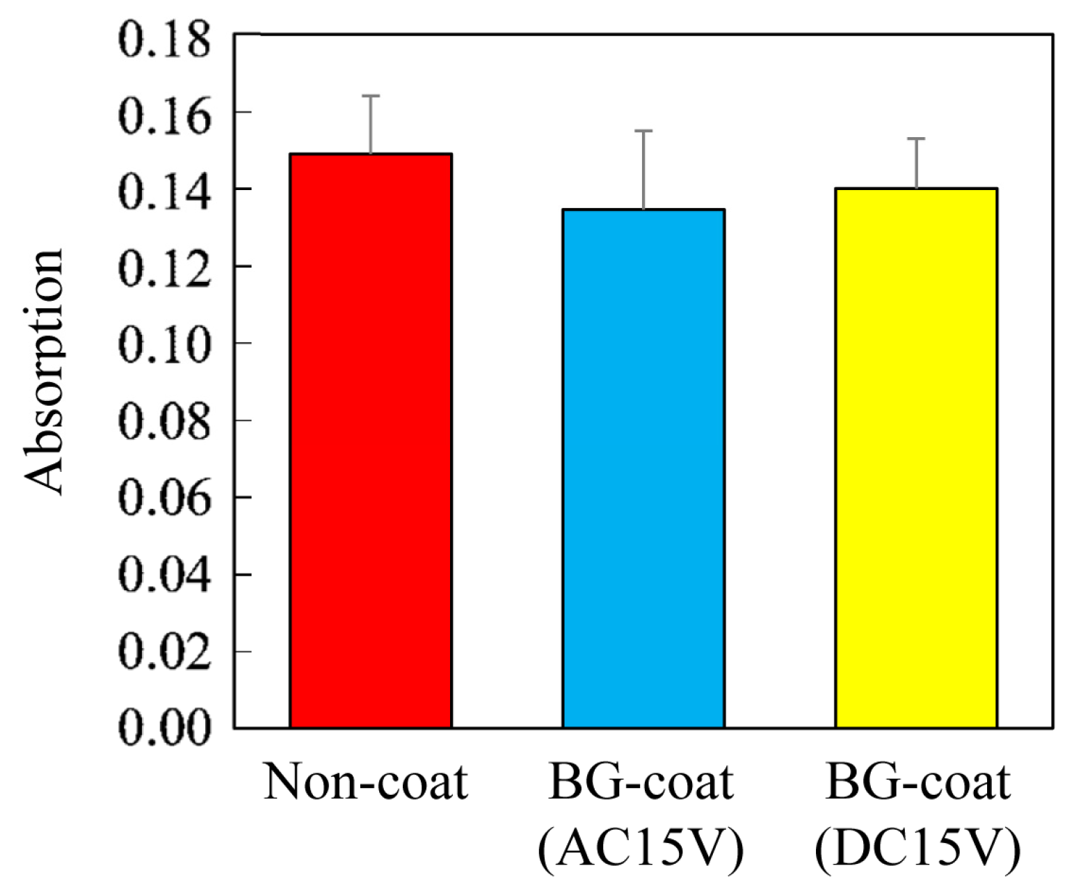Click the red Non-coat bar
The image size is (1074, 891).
371,441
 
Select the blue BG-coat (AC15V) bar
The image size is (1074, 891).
643,468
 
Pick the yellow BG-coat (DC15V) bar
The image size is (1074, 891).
916,458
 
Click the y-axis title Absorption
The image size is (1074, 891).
45,372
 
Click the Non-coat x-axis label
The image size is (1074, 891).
366,782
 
